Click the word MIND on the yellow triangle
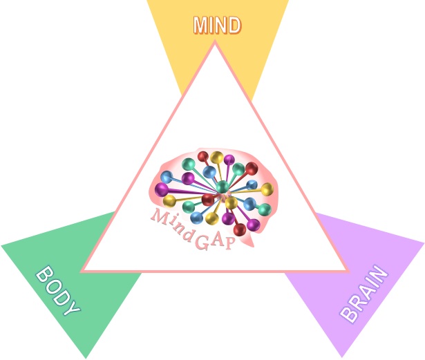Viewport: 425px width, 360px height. [216, 26]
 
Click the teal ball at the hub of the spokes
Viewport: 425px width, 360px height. [222, 186]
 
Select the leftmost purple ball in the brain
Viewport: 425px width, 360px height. [162, 189]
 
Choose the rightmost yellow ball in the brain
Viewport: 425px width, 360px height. [267, 189]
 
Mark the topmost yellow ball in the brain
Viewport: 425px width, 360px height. [217, 158]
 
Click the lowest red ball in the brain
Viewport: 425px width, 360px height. [239, 229]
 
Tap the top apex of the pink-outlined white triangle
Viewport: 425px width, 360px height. [215, 42]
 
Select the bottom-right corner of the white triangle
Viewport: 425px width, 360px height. [347, 270]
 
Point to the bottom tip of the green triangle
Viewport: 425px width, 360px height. [86, 358]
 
